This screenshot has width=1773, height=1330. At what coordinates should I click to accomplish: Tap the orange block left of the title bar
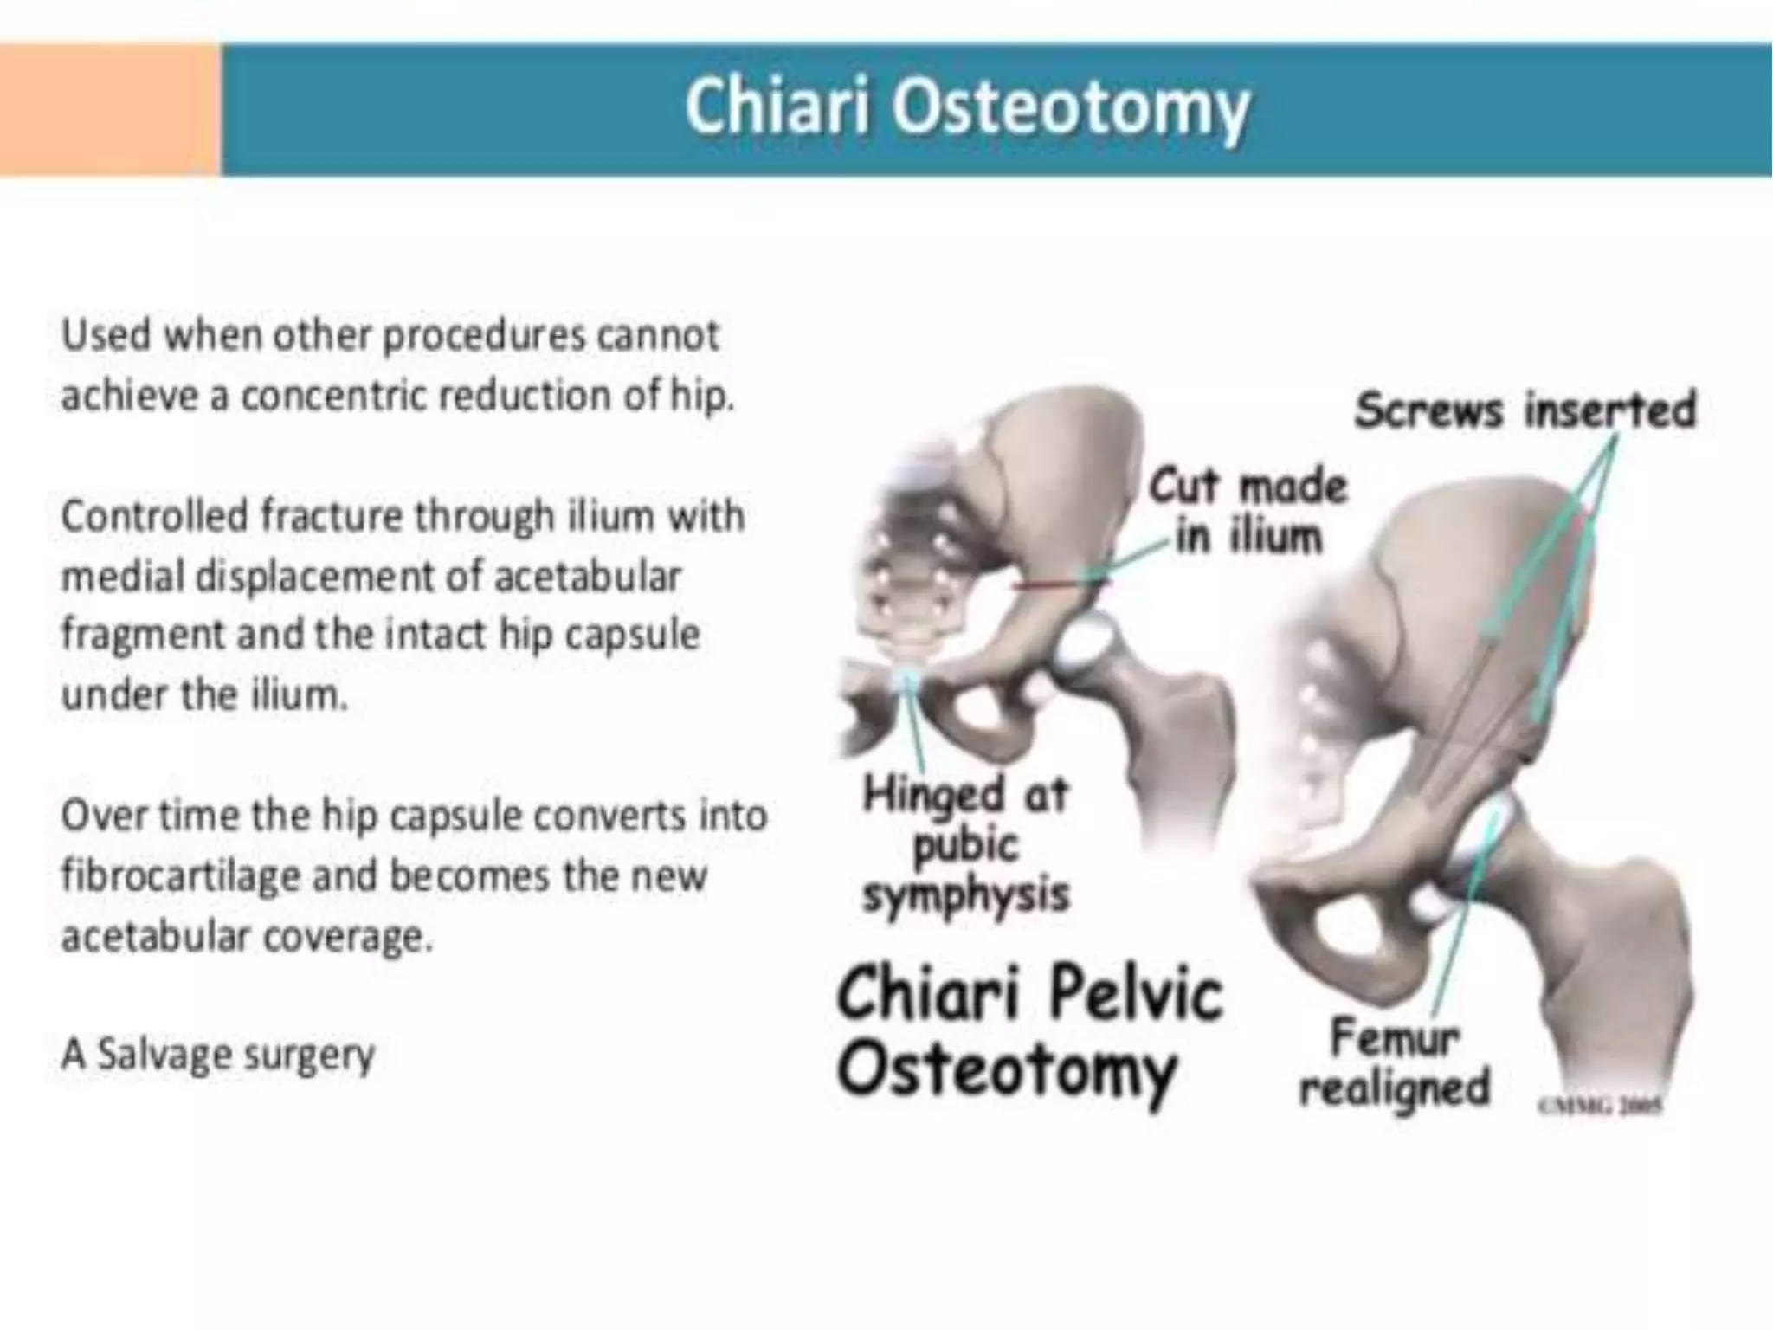pyautogui.click(x=110, y=110)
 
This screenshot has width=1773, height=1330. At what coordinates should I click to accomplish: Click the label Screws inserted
pyautogui.click(x=1525, y=410)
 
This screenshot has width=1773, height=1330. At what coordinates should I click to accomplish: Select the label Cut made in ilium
pyautogui.click(x=1248, y=511)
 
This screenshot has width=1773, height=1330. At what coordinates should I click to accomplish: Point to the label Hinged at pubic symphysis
pyautogui.click(x=966, y=844)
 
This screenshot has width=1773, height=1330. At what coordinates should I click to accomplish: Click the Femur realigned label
pyautogui.click(x=1394, y=1062)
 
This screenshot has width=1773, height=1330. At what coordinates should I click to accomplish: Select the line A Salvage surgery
pyautogui.click(x=218, y=1055)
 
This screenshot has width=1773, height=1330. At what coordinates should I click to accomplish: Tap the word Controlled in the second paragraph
pyautogui.click(x=154, y=516)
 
